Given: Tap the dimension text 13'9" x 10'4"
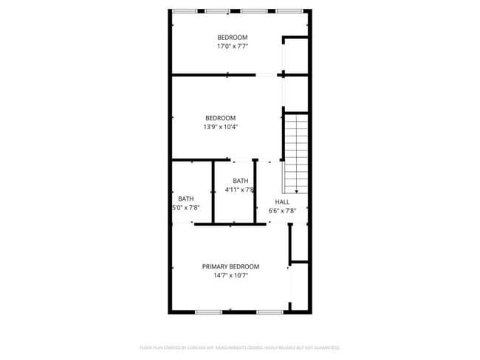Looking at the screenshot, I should pos(221,127).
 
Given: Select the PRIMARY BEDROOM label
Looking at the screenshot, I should pos(231,266).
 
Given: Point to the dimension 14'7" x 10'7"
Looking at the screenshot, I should pos(231,276).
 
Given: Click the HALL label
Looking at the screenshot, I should pos(282,201).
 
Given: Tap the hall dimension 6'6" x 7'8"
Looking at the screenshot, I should pos(282,211).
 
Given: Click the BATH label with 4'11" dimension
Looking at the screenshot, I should pos(241,181).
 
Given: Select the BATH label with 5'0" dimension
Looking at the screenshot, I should pos(185,198).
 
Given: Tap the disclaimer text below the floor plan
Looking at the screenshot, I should pos(239,347).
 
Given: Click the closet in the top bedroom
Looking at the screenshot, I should pos(295,55).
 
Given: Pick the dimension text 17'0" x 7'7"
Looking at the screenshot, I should pos(232,46).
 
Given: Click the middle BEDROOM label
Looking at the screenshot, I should pos(220,118).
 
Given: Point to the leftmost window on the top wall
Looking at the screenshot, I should pos(185,10).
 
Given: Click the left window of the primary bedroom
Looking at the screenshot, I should pos(209,312).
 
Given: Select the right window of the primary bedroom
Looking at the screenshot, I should pos(270,312).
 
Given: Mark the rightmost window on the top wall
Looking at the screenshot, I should pos(289,10).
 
